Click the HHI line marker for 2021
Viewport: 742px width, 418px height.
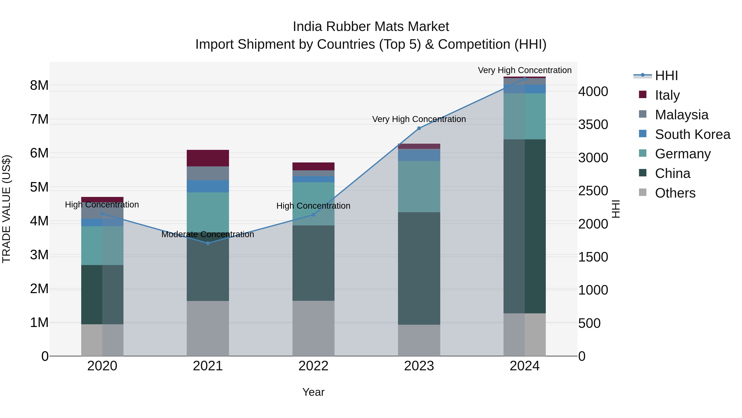click(x=208, y=243)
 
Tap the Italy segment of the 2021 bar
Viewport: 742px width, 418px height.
click(x=208, y=158)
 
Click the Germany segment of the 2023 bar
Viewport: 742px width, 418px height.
click(x=419, y=186)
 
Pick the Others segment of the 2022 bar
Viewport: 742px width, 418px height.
click(x=313, y=328)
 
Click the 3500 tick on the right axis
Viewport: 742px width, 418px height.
click(x=593, y=125)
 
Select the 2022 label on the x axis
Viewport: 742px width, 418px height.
click(x=313, y=366)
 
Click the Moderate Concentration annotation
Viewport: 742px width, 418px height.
click(x=208, y=234)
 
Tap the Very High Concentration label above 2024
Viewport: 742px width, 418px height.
click(x=525, y=70)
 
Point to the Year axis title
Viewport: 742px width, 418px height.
click(x=313, y=392)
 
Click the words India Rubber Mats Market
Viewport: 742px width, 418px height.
click(x=371, y=27)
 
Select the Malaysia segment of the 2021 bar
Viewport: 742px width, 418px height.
click(x=208, y=173)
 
